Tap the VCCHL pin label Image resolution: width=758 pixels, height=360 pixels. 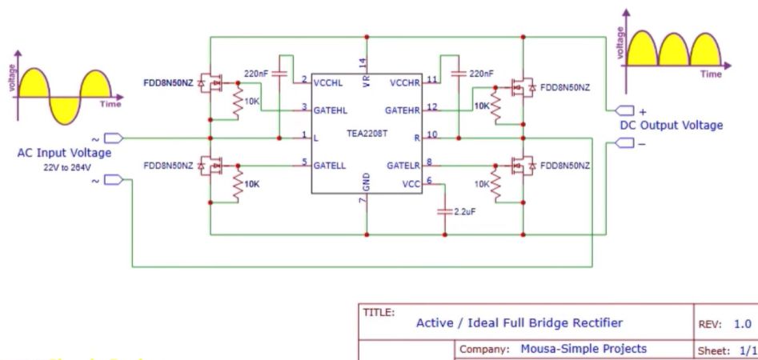click(x=329, y=82)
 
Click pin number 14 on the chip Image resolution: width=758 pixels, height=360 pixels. click(x=362, y=62)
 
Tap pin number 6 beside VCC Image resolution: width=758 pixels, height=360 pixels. click(x=430, y=180)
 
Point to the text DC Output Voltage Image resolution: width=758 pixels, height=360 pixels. click(x=672, y=126)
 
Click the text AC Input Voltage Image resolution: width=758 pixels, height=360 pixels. click(x=64, y=153)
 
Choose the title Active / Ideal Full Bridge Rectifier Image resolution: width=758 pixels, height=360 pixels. click(x=519, y=322)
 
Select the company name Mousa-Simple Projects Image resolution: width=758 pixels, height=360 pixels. click(x=584, y=349)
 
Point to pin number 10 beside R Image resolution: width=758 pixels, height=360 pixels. click(x=432, y=134)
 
